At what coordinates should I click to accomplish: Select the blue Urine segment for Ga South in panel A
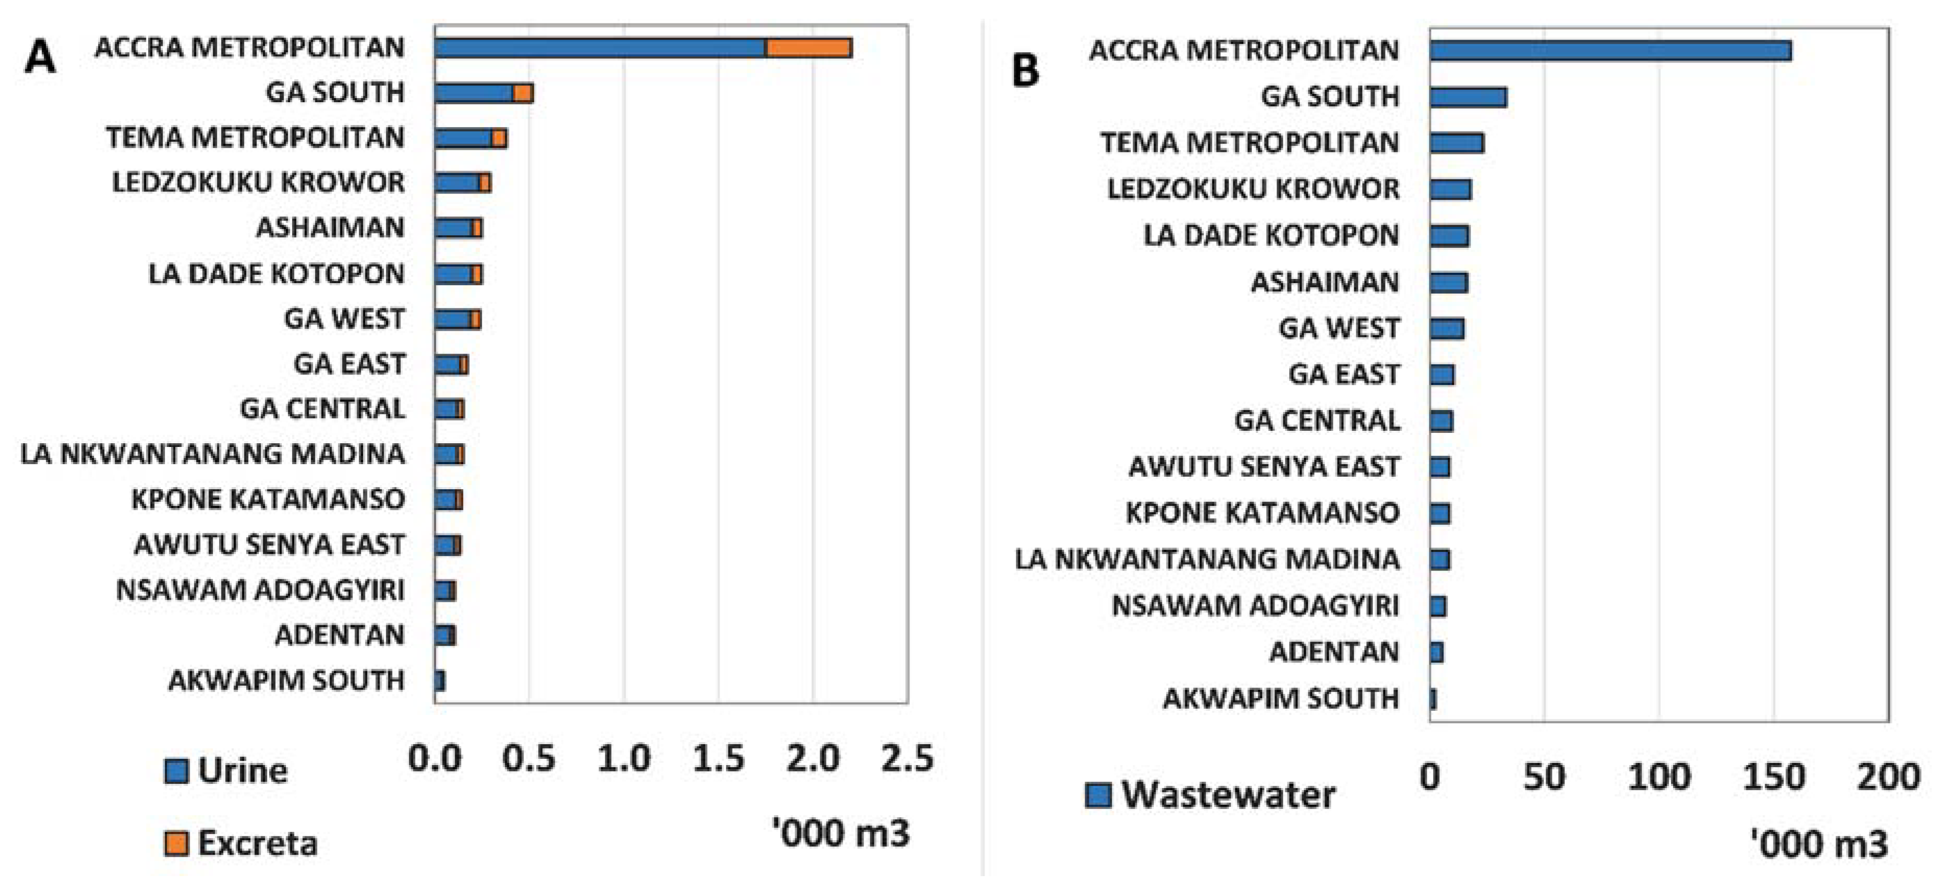pos(473,93)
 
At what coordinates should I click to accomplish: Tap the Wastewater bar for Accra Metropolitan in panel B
pos(1610,51)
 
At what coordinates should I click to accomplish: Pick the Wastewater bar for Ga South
pos(1468,98)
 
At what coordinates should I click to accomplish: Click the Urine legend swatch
pos(176,771)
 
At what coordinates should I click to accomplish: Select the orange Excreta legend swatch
pos(176,843)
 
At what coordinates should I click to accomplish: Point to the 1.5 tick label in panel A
pos(718,758)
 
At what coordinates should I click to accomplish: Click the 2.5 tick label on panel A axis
pos(907,758)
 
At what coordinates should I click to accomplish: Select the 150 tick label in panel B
pos(1774,777)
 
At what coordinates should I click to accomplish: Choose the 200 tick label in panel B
pos(1888,777)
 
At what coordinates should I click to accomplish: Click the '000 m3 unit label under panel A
pos(841,833)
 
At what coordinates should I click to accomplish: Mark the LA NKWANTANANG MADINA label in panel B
pos(1207,559)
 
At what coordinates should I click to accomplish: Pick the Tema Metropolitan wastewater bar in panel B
pos(1456,143)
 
